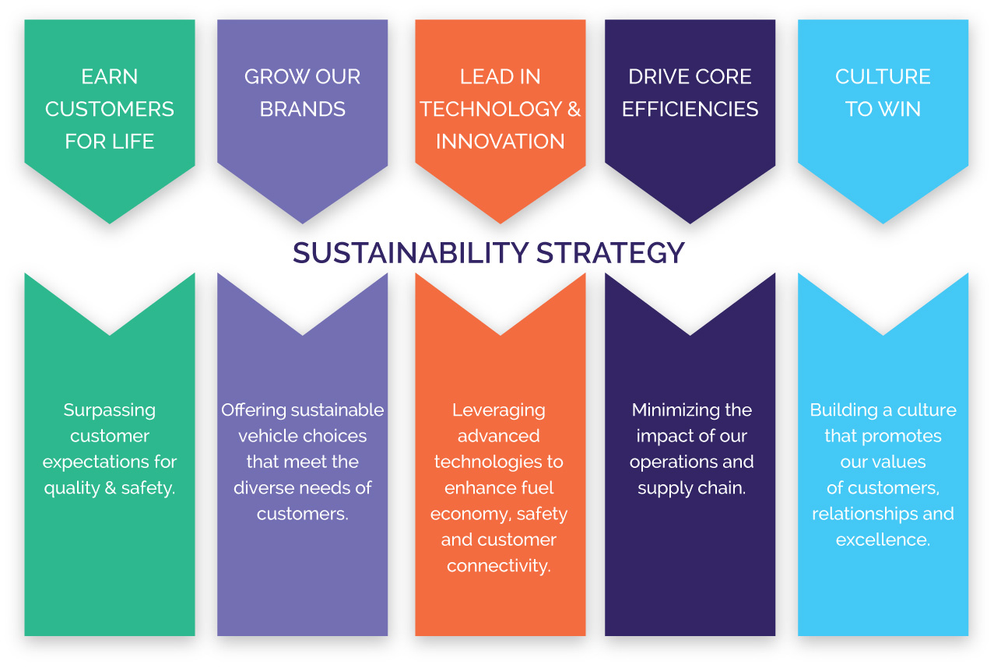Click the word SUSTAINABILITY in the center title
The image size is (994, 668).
pos(410,253)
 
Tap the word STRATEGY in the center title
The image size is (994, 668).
pos(610,253)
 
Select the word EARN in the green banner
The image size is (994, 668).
pos(110,77)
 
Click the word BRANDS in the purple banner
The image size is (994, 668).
pos(303,109)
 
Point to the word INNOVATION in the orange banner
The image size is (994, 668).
pos(500,142)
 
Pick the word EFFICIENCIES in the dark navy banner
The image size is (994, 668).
pos(690,109)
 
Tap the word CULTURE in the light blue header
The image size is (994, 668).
pos(883,77)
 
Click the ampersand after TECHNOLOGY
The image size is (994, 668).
pos(574,109)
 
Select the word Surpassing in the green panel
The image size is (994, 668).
pos(110,411)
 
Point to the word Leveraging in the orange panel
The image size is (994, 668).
pos(499,411)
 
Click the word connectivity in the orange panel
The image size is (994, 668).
pos(499,566)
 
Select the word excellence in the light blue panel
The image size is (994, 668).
pos(883,540)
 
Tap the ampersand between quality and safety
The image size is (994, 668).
pos(111,488)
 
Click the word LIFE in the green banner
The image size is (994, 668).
pos(132,142)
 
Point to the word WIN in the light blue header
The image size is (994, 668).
pos(901,109)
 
